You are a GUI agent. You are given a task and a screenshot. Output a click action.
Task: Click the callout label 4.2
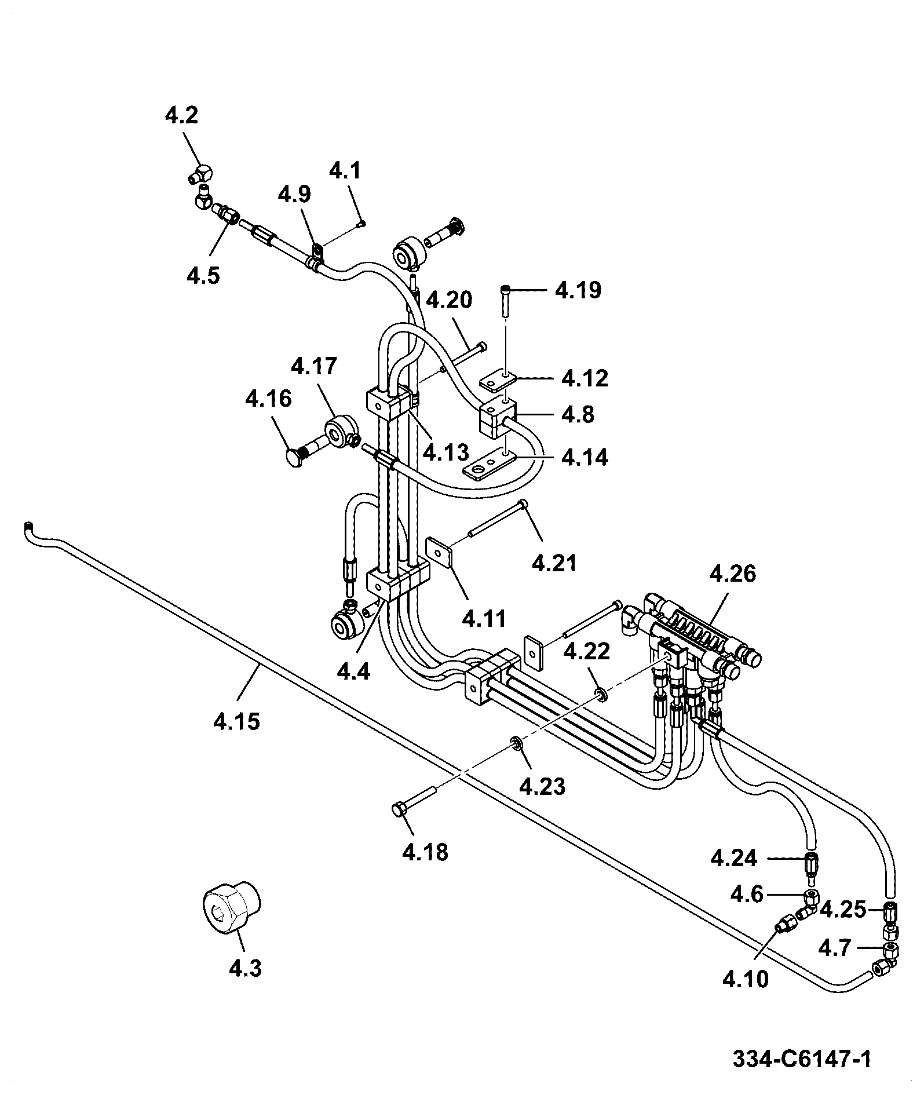click(181, 115)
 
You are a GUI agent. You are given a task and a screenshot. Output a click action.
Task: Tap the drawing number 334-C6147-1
click(802, 1060)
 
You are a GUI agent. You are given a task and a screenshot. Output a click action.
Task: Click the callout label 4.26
click(732, 574)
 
